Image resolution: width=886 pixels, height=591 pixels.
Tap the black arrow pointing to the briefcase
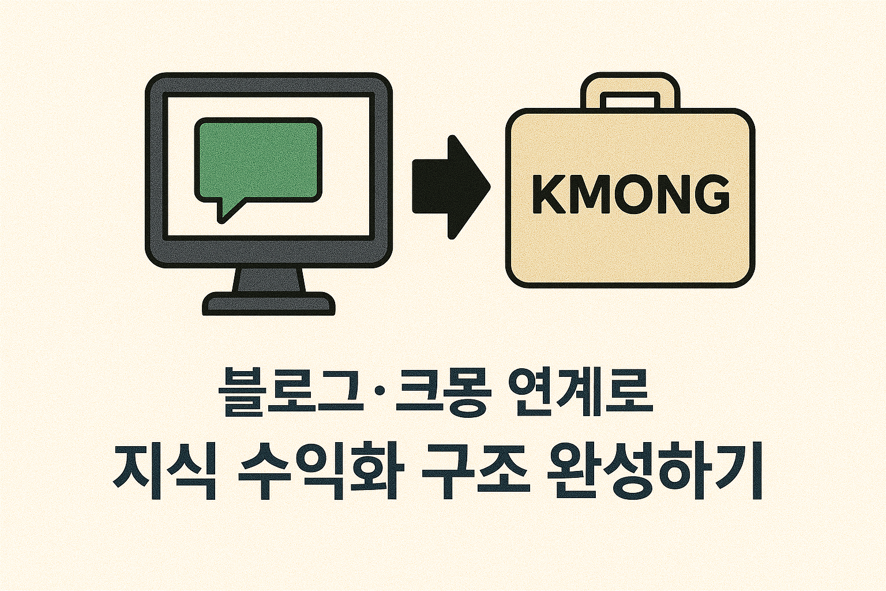(x=451, y=187)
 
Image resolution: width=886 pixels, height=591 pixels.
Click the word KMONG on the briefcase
(x=630, y=195)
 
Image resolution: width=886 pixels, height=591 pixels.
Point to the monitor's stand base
(x=269, y=304)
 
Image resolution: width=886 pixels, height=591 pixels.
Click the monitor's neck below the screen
(x=269, y=280)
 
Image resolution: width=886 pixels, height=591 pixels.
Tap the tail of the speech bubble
(x=230, y=210)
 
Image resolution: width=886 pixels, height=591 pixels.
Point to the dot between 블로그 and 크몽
(x=379, y=392)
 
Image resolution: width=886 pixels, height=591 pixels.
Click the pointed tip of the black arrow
(x=490, y=187)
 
